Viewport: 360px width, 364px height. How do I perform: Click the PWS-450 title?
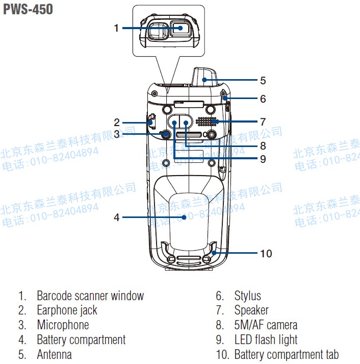point(28,9)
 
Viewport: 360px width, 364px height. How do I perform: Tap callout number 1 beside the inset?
point(116,28)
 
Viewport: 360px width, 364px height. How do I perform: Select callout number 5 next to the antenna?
point(263,80)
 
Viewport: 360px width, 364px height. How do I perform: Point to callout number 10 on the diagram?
point(266,253)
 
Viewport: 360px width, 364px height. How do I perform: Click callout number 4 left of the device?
point(116,217)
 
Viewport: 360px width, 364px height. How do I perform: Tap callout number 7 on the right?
point(263,122)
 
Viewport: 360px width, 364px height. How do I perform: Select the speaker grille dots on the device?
point(207,122)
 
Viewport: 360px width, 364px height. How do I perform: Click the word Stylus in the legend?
point(247,296)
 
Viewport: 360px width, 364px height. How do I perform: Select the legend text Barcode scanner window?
point(90,296)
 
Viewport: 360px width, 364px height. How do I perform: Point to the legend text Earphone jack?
point(67,310)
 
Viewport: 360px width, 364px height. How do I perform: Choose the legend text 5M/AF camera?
point(266,325)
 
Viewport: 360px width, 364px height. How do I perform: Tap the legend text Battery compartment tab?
point(286,354)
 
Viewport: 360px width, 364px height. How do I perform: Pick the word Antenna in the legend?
point(54,354)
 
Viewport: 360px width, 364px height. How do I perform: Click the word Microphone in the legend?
point(63,325)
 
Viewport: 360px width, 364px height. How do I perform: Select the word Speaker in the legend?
point(251,310)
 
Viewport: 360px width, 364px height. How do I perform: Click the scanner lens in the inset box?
point(179,30)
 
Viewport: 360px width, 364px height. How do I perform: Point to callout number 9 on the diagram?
point(263,159)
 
